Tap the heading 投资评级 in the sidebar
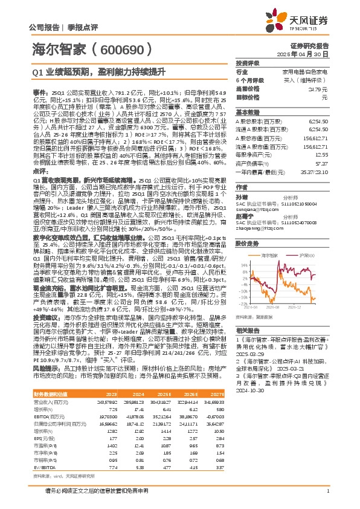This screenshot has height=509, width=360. [x=248, y=63]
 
